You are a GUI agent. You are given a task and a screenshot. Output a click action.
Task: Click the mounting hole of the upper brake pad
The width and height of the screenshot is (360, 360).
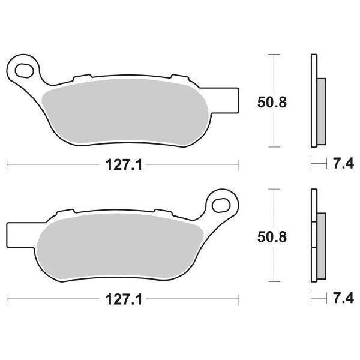click(23, 70)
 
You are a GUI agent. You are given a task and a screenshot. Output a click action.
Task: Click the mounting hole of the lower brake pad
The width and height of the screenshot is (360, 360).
click(221, 205)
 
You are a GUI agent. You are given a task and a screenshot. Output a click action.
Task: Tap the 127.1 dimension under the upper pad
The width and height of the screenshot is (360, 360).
click(124, 165)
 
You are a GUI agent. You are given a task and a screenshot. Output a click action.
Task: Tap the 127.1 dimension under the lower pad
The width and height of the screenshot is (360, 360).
click(124, 299)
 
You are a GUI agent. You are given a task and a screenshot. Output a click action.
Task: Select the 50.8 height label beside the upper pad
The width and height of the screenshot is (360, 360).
click(272, 103)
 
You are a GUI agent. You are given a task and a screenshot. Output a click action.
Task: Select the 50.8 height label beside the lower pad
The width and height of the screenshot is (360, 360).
click(272, 237)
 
